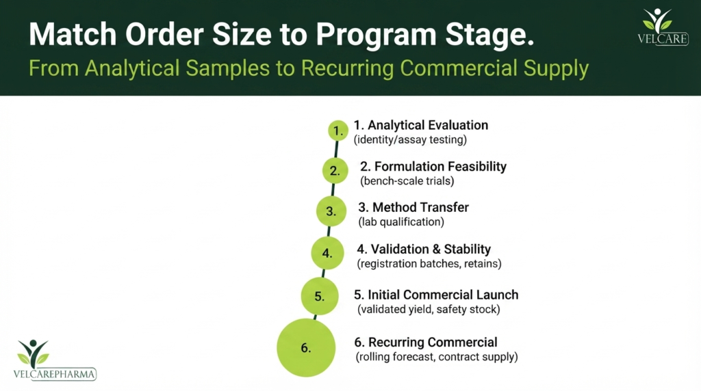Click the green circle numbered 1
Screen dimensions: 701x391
(x=338, y=131)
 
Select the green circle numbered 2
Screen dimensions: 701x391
(x=335, y=170)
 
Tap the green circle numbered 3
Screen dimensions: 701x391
(x=331, y=211)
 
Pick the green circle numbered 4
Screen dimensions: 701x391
(x=328, y=253)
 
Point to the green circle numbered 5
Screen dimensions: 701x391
(x=320, y=296)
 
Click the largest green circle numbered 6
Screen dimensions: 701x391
(x=306, y=348)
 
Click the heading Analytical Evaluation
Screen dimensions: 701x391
(x=421, y=125)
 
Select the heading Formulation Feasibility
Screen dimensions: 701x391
(x=433, y=167)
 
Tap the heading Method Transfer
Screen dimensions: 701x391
(x=413, y=207)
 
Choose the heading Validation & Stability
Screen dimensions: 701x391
(x=424, y=249)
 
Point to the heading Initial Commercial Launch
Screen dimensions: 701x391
(x=436, y=295)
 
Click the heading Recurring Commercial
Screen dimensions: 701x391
(x=426, y=342)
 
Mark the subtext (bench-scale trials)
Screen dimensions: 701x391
(x=407, y=180)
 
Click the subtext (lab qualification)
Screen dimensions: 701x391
(x=401, y=222)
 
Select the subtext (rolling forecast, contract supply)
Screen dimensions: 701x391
(x=437, y=357)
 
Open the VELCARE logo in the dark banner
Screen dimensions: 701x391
(x=663, y=27)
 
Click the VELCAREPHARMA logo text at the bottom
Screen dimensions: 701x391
(x=55, y=374)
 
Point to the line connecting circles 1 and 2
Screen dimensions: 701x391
(x=336, y=149)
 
